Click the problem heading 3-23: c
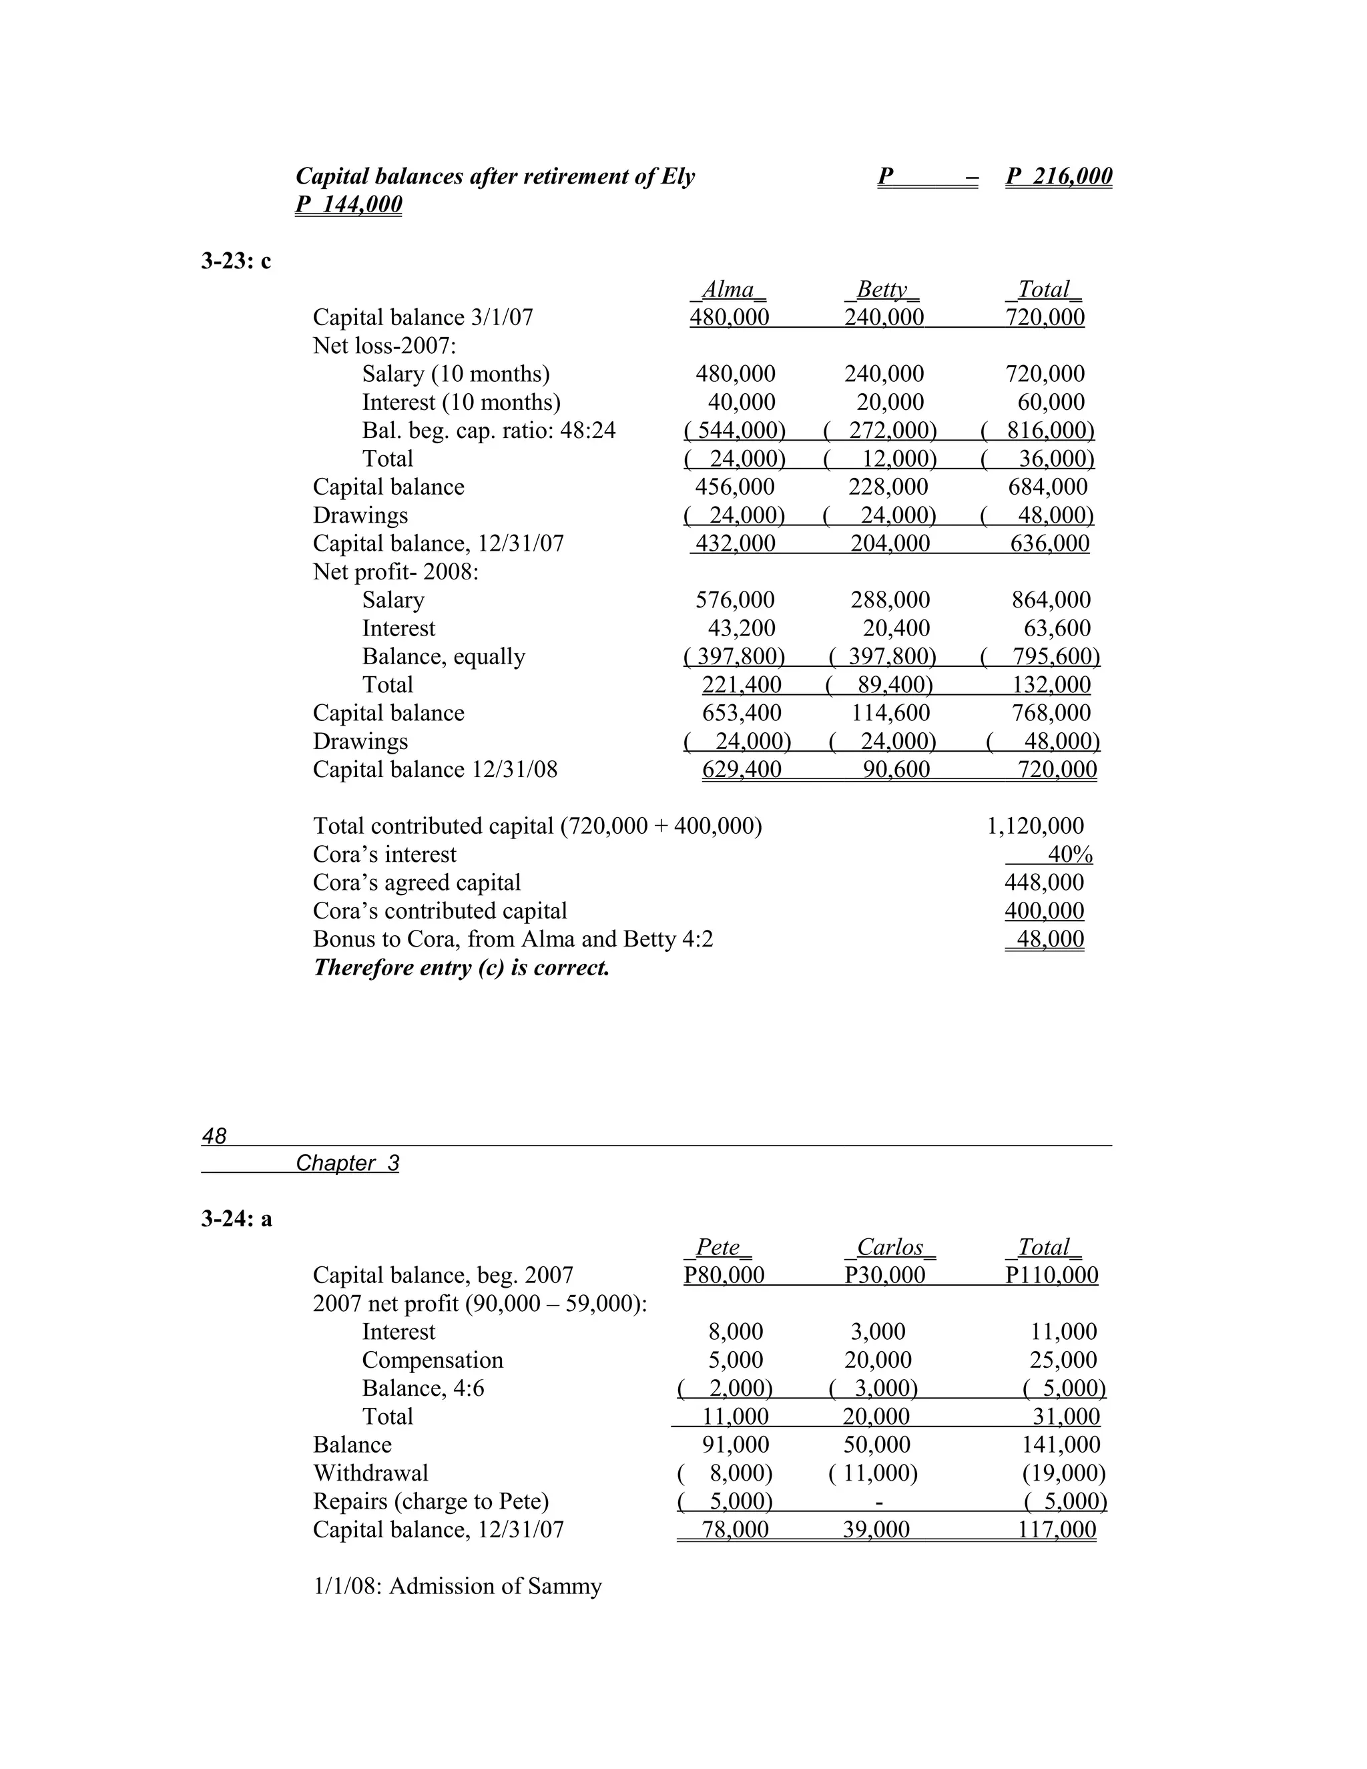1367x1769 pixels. (x=236, y=261)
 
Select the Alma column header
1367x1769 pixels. (x=728, y=289)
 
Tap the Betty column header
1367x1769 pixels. (x=882, y=289)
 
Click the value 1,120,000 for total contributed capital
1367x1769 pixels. (x=1035, y=826)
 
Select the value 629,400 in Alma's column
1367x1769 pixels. (x=741, y=770)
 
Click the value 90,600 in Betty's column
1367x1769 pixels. (x=896, y=770)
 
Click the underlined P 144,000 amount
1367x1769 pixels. (x=348, y=204)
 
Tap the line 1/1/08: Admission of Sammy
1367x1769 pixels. (x=457, y=1586)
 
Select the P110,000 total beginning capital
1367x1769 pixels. (x=1051, y=1275)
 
